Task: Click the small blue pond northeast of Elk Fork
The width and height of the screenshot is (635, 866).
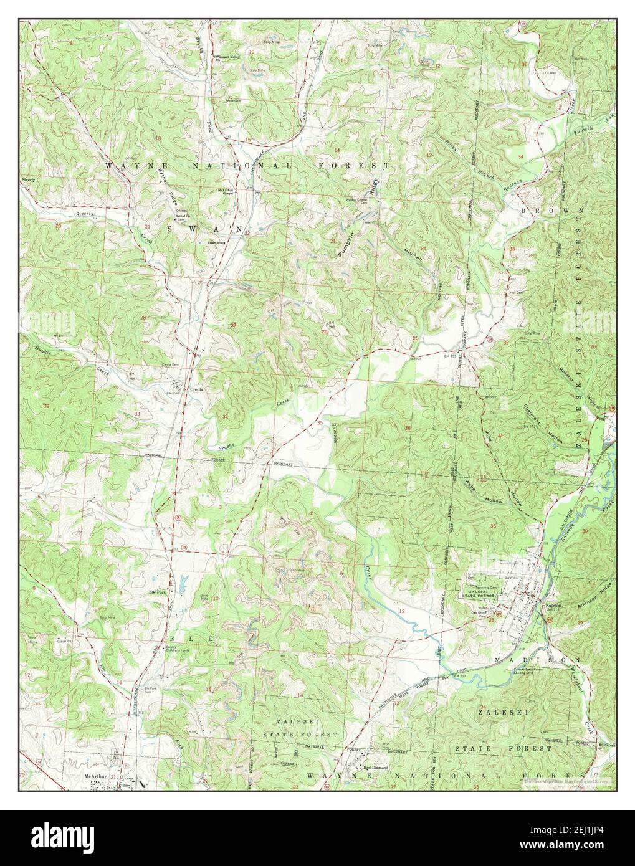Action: [x=183, y=584]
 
